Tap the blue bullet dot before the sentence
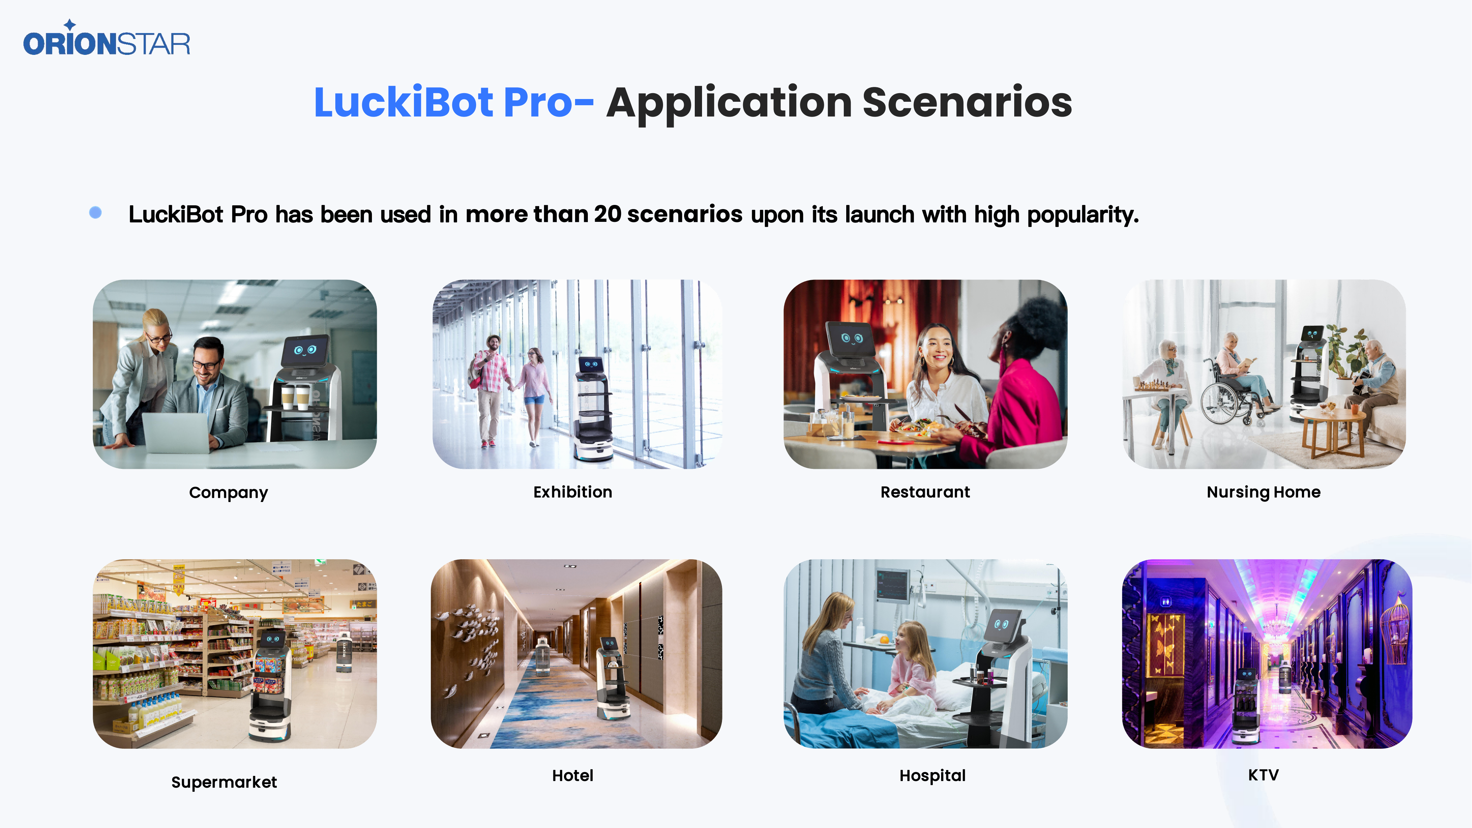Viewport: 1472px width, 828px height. (96, 213)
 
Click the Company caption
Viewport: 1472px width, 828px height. (229, 493)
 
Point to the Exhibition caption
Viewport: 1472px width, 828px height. (573, 492)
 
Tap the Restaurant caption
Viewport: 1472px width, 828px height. (925, 492)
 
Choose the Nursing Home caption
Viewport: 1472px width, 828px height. (1263, 492)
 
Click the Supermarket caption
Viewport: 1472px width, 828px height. (224, 782)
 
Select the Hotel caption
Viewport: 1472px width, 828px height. (573, 776)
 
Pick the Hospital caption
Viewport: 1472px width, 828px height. (932, 776)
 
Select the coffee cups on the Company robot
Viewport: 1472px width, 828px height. (295, 396)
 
